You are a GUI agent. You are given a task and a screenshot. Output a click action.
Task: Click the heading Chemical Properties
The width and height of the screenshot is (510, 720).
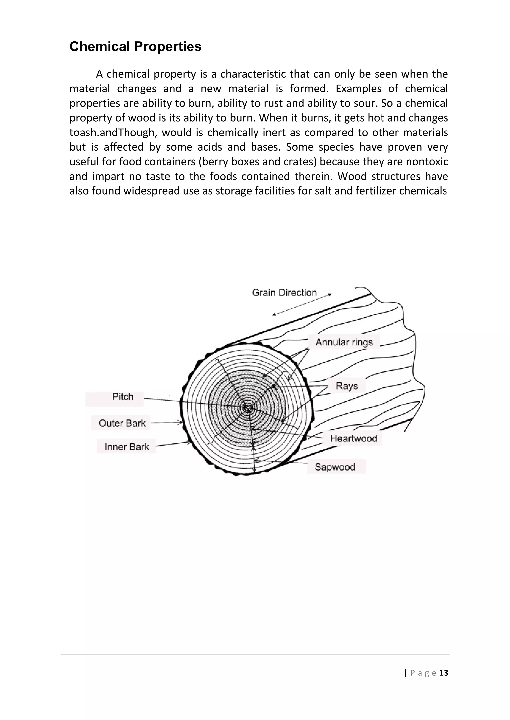[135, 47]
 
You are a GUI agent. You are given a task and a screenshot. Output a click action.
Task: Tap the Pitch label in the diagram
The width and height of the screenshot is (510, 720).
[123, 397]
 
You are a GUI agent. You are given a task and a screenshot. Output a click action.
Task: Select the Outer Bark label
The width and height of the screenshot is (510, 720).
[122, 423]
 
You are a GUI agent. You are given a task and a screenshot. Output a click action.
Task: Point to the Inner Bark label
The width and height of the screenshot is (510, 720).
[127, 447]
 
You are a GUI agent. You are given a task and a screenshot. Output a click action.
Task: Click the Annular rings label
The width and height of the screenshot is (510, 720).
[344, 342]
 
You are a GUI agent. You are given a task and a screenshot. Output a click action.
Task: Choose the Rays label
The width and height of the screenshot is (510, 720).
[347, 386]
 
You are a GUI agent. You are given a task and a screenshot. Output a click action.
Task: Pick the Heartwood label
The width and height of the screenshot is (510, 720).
[353, 438]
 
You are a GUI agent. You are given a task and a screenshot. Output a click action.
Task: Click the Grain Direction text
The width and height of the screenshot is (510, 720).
[284, 293]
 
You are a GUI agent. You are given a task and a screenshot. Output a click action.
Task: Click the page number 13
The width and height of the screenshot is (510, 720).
[444, 673]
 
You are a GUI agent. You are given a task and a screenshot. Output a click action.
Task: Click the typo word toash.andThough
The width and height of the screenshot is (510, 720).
[112, 133]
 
